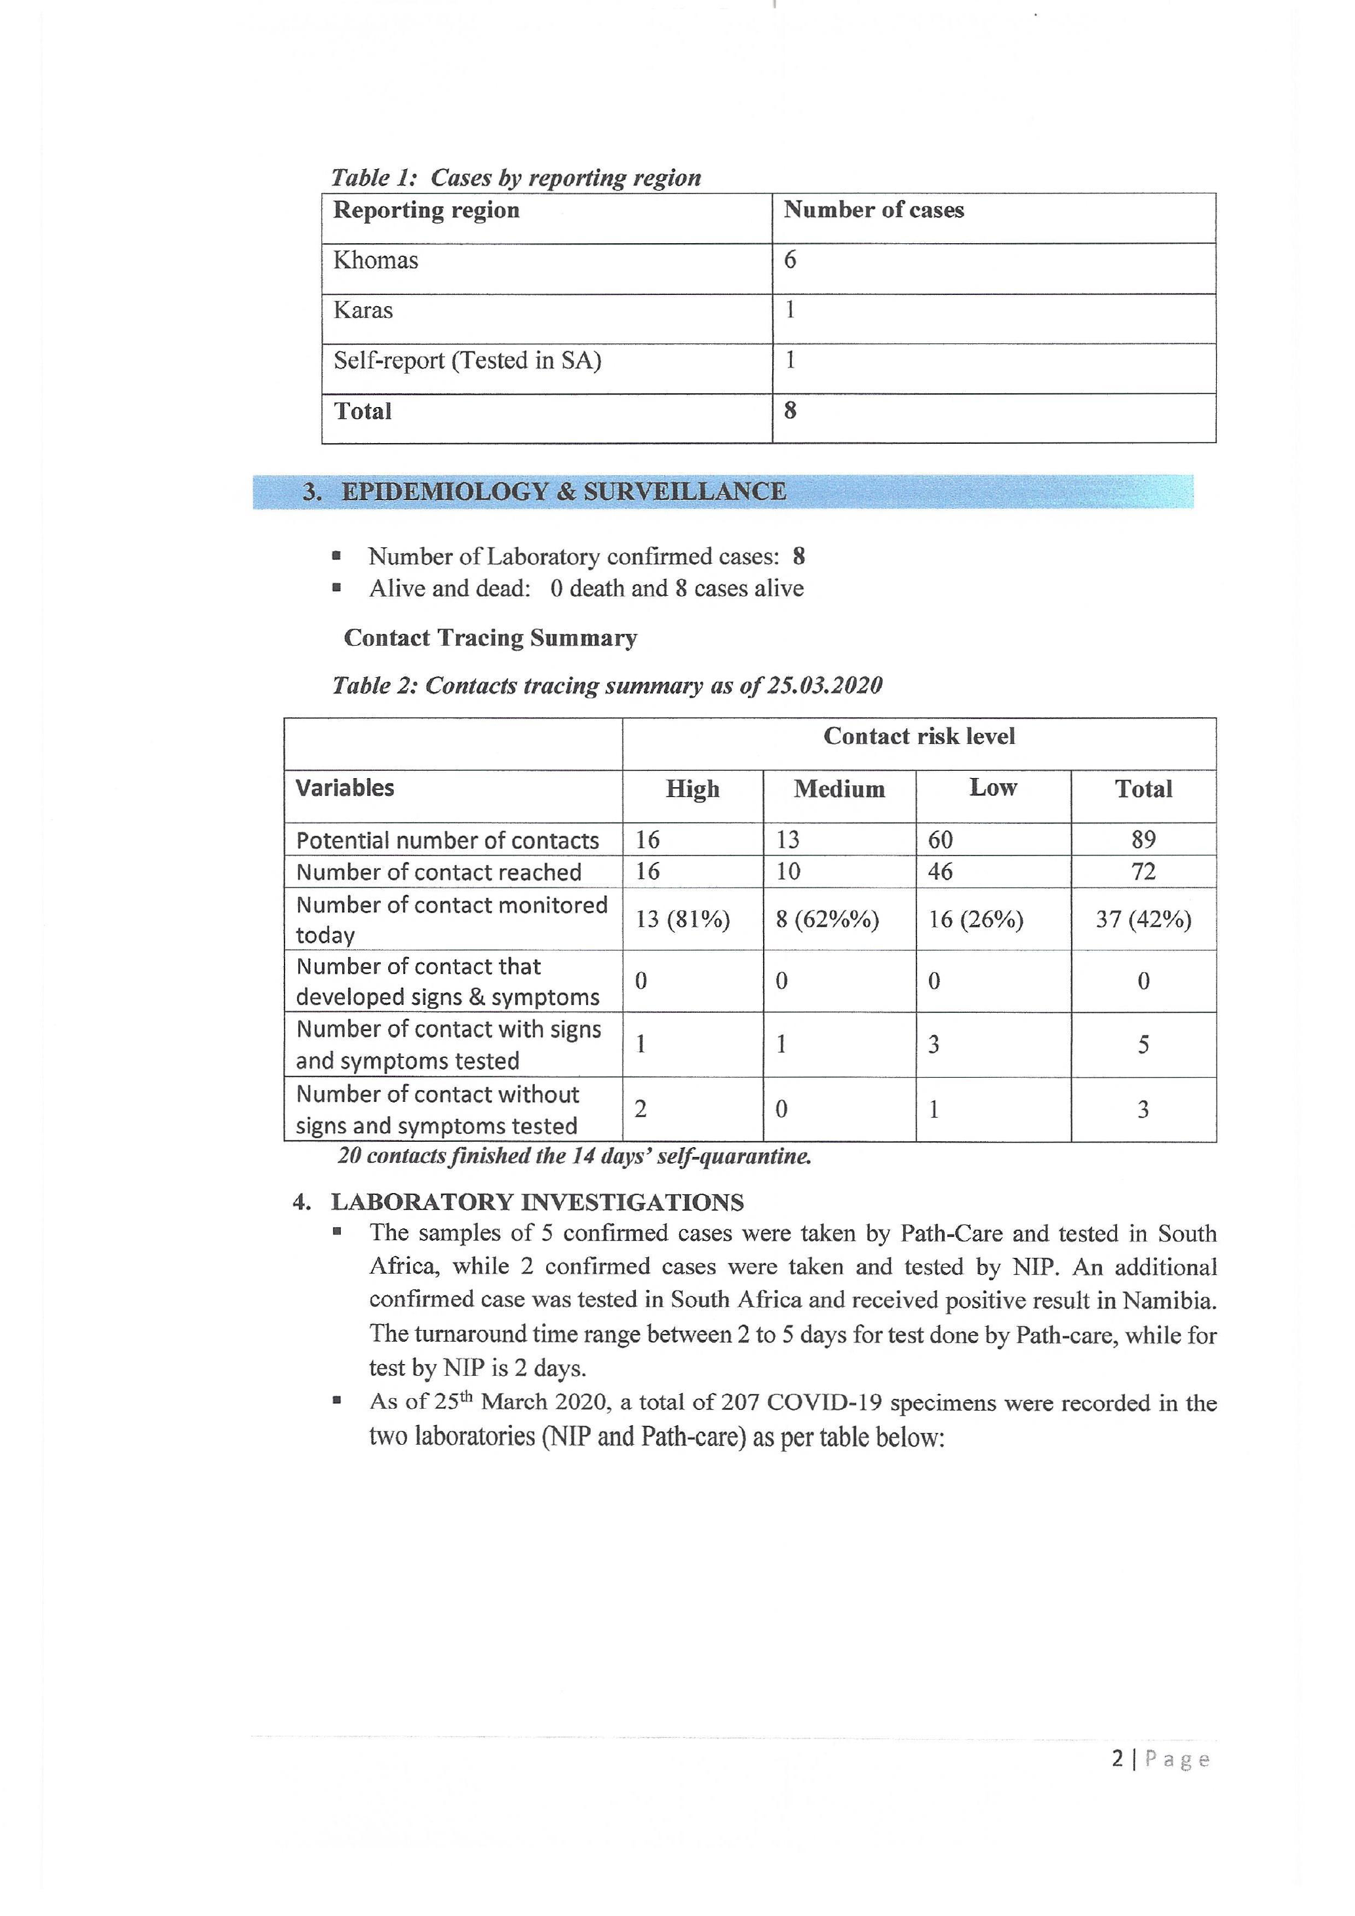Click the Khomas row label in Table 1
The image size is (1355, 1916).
tap(376, 260)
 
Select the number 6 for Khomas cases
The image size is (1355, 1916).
tap(789, 260)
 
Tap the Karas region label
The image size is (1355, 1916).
tap(363, 311)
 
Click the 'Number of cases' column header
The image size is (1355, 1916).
tap(874, 210)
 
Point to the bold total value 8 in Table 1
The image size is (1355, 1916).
tap(789, 410)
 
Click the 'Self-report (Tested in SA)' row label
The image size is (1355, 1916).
tap(467, 361)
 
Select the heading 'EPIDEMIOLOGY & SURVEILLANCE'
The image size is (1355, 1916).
tap(563, 492)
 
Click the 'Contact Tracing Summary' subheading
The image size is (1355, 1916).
tap(490, 638)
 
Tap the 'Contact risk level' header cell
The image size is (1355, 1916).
tap(918, 736)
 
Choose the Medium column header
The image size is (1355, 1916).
tap(838, 789)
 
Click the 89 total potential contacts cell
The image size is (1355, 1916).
tap(1143, 840)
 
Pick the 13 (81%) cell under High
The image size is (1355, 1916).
tap(682, 919)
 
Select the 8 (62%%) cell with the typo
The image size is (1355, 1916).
tap(827, 919)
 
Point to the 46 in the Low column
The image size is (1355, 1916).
tap(940, 872)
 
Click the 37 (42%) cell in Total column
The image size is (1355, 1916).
tap(1143, 919)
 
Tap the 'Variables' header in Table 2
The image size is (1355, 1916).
tap(345, 788)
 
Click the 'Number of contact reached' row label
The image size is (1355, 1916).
tap(439, 872)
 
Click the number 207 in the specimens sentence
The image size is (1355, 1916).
tap(740, 1402)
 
